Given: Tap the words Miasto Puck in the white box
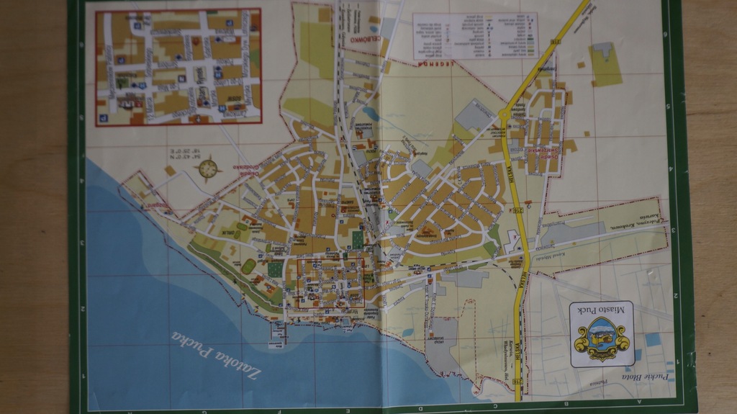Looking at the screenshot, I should pos(601,309).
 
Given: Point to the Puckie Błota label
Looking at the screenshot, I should pos(646,376).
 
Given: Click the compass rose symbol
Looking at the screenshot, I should pos(208,168).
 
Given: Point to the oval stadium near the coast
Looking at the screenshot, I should pos(248,266).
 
